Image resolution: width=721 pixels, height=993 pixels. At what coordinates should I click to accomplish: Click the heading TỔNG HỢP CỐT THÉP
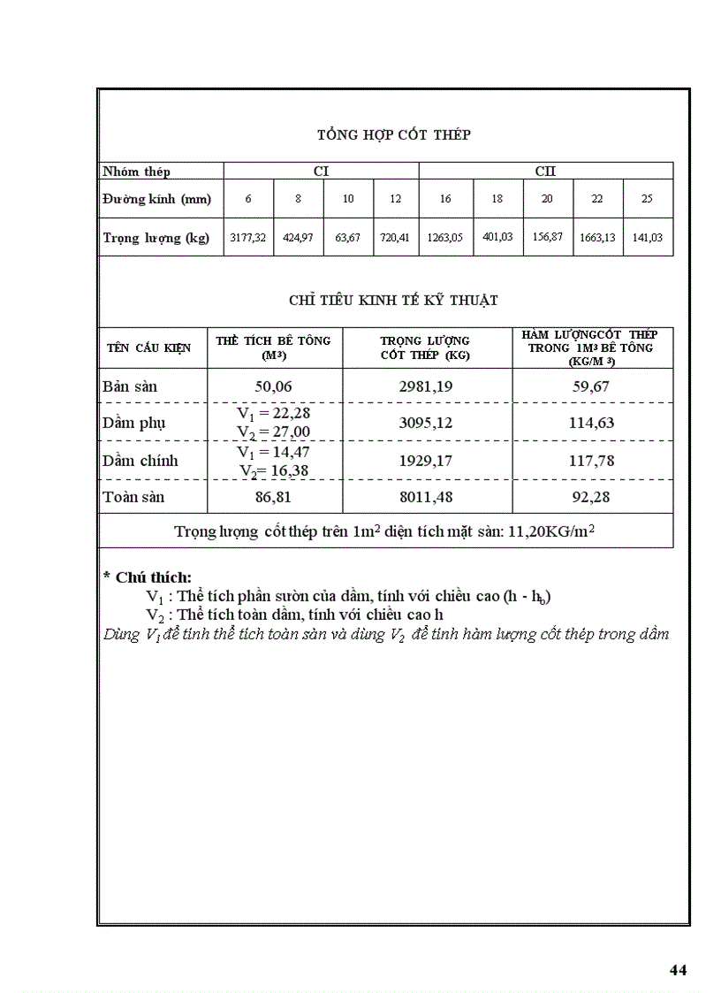393,135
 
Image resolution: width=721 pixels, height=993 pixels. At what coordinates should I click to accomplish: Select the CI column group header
321,172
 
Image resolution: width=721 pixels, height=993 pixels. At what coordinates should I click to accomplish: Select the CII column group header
545,172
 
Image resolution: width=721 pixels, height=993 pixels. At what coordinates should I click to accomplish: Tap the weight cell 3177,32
248,239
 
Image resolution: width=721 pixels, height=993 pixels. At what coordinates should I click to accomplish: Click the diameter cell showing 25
647,200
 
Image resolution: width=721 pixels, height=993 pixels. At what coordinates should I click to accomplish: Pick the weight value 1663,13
597,239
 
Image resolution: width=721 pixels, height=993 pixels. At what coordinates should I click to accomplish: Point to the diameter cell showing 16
445,200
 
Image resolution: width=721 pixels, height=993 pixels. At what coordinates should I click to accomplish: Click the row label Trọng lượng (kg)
156,239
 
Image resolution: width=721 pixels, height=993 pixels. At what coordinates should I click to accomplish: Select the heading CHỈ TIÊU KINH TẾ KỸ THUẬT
393,301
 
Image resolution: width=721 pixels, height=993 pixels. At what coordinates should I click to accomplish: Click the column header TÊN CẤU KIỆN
149,348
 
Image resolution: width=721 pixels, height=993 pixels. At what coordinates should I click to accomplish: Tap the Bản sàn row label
130,386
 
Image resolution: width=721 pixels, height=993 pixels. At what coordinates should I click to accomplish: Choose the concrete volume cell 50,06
273,386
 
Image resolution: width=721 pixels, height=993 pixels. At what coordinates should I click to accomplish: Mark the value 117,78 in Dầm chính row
592,461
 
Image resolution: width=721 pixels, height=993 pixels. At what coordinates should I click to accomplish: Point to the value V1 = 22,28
274,414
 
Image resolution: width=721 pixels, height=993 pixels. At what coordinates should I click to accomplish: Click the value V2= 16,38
274,470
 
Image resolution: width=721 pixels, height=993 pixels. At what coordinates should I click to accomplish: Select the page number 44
678,970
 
